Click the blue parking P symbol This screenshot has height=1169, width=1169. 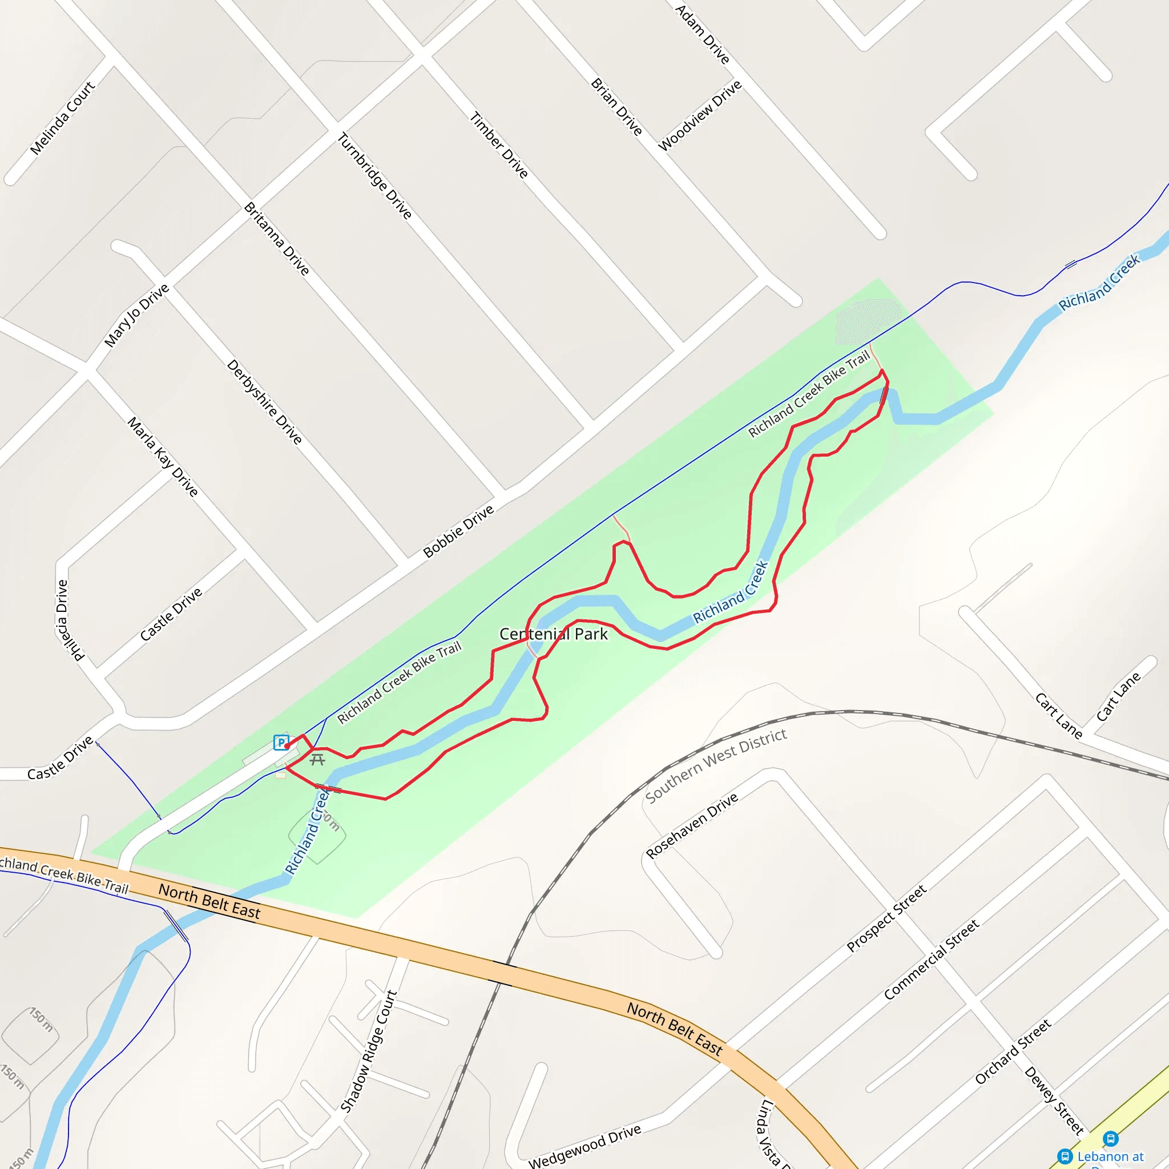pyautogui.click(x=280, y=742)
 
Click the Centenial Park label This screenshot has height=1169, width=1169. pyautogui.click(x=553, y=634)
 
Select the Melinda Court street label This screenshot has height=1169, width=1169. pyautogui.click(x=62, y=118)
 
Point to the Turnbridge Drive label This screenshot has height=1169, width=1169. pyautogui.click(x=374, y=175)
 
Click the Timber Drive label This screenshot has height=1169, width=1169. pyautogui.click(x=499, y=145)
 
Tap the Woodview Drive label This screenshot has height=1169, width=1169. pyautogui.click(x=699, y=115)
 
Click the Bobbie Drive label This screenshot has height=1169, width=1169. pyautogui.click(x=459, y=531)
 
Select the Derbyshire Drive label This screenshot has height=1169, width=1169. pyautogui.click(x=264, y=402)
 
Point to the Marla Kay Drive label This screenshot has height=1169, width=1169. pyautogui.click(x=163, y=457)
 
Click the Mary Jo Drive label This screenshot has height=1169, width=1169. pyautogui.click(x=137, y=316)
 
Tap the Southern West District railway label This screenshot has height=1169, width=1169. pyautogui.click(x=716, y=766)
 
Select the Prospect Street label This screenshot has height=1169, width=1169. pyautogui.click(x=886, y=918)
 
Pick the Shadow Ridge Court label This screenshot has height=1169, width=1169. pyautogui.click(x=369, y=1051)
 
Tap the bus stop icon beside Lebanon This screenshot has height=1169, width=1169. pyautogui.click(x=1110, y=1138)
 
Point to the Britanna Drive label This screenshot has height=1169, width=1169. pyautogui.click(x=276, y=239)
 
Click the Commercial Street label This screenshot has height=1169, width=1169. pyautogui.click(x=931, y=960)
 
